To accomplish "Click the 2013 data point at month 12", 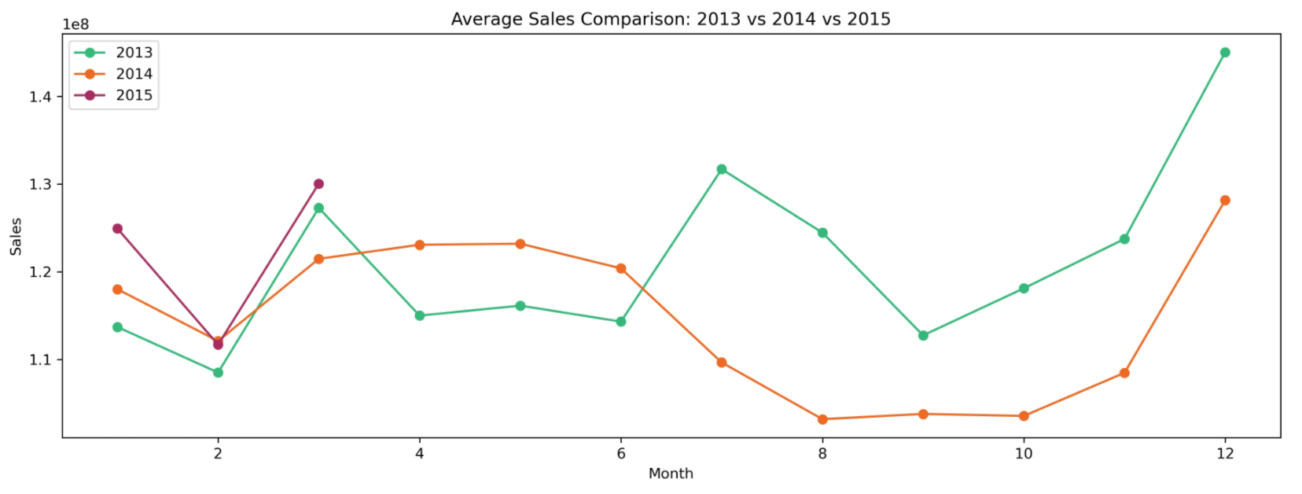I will click(1224, 53).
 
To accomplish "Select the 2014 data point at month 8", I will click(822, 419).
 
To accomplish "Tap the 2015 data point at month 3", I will click(318, 184).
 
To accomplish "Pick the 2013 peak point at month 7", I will click(722, 169).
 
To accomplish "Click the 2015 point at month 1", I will click(117, 229).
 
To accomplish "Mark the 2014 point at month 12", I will click(1224, 201).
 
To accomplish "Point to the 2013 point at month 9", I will click(923, 335).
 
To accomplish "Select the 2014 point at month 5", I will click(520, 244).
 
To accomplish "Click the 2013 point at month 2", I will click(218, 372).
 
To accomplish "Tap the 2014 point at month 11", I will click(1124, 373).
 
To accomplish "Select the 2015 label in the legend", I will click(134, 95).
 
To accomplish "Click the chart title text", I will click(670, 19).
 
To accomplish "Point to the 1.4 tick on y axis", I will click(40, 97).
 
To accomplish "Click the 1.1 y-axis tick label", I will click(40, 359).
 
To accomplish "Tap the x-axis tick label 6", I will click(621, 454).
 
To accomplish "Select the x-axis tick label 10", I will click(1023, 454).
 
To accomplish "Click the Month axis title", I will click(671, 474).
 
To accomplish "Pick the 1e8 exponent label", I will click(76, 25).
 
